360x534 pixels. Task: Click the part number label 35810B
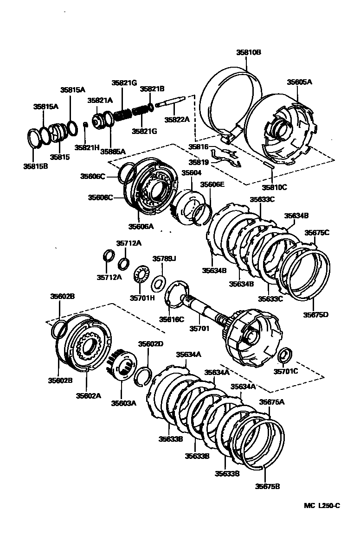[x=249, y=53]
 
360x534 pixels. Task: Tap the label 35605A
[x=299, y=82]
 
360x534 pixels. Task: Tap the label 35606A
[x=141, y=227]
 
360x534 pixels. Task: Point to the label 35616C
[x=172, y=319]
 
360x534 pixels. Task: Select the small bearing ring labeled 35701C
[x=284, y=356]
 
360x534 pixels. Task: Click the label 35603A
[x=123, y=403]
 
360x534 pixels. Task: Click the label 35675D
[x=316, y=315]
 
